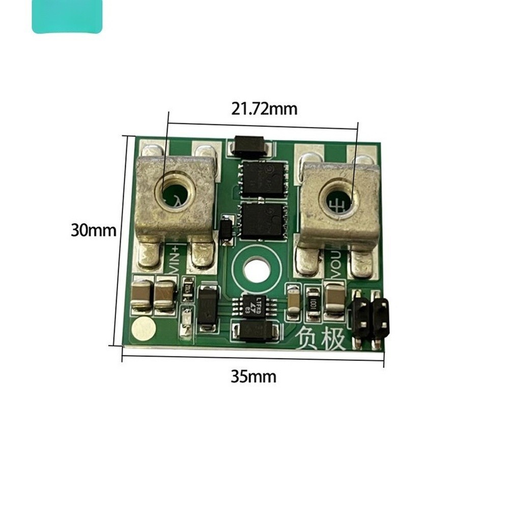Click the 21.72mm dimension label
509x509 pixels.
(x=264, y=109)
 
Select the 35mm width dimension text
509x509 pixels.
(x=253, y=377)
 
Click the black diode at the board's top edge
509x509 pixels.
(x=251, y=146)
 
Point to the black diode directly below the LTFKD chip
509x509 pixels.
(x=256, y=331)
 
